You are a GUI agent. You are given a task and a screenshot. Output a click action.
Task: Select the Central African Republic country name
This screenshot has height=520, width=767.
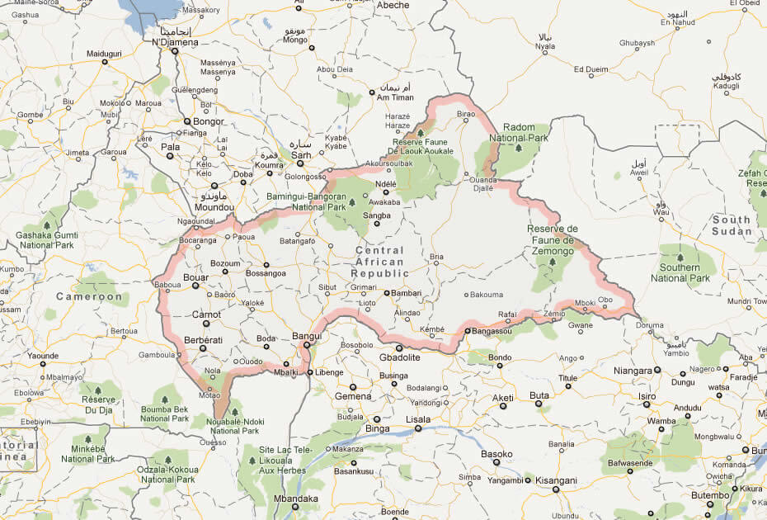point(379,262)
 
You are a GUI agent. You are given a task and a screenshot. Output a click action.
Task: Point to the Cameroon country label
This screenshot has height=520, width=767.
point(89,296)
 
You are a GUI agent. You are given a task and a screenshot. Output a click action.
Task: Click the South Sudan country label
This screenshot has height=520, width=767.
point(732,225)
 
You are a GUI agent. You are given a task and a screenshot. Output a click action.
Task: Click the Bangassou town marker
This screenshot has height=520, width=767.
point(468,332)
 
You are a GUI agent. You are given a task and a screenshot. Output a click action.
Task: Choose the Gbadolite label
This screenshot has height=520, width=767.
point(399,357)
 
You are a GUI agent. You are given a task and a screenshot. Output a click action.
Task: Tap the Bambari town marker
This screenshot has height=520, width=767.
point(385,292)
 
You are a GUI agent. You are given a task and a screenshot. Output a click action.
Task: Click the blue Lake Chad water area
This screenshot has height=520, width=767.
point(148,10)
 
